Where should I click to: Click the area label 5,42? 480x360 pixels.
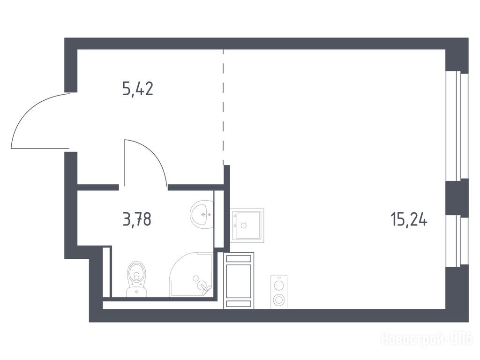[x=138, y=89]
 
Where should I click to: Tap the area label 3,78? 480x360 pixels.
[x=137, y=219]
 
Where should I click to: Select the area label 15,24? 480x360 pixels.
[x=409, y=219]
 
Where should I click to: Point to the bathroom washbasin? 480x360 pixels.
[x=202, y=215]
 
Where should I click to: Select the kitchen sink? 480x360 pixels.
[x=247, y=225]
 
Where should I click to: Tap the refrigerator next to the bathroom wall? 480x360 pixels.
[x=239, y=280]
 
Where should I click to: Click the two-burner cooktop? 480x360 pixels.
[x=279, y=292]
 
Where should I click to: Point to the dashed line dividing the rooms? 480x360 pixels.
[x=223, y=107]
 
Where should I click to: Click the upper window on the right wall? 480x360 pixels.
[x=457, y=126]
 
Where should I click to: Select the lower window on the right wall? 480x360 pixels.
[x=457, y=241]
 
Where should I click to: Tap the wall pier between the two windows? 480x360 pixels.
[x=457, y=198]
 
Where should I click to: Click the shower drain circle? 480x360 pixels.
[x=195, y=278]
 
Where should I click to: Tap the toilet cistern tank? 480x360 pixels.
[x=136, y=292]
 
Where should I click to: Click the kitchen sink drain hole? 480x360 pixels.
[x=244, y=226]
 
